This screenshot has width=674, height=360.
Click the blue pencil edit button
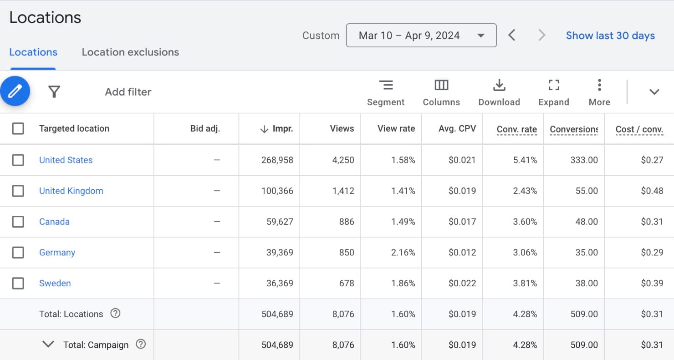pyautogui.click(x=15, y=91)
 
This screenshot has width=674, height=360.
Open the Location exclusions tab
pyautogui.click(x=130, y=52)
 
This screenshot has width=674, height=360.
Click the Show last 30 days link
pyautogui.click(x=610, y=35)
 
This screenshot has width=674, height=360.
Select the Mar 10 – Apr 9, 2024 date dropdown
pyautogui.click(x=421, y=35)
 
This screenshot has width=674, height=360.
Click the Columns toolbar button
pyautogui.click(x=441, y=92)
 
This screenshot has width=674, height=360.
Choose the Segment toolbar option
pyautogui.click(x=386, y=92)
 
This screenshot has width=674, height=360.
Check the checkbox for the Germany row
pyautogui.click(x=18, y=252)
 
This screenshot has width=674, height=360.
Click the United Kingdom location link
pyautogui.click(x=71, y=191)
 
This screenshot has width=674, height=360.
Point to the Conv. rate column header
pyautogui.click(x=516, y=129)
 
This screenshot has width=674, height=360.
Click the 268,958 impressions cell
pyautogui.click(x=277, y=160)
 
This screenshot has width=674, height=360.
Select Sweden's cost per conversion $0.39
pyautogui.click(x=652, y=283)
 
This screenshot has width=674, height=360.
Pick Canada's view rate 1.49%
pyautogui.click(x=403, y=222)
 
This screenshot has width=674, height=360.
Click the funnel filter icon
pyautogui.click(x=54, y=92)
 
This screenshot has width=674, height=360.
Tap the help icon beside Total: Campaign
pyautogui.click(x=141, y=344)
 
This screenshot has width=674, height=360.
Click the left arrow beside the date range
pyautogui.click(x=512, y=35)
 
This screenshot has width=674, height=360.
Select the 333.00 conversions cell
pyautogui.click(x=584, y=160)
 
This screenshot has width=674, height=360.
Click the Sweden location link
pyautogui.click(x=55, y=283)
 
